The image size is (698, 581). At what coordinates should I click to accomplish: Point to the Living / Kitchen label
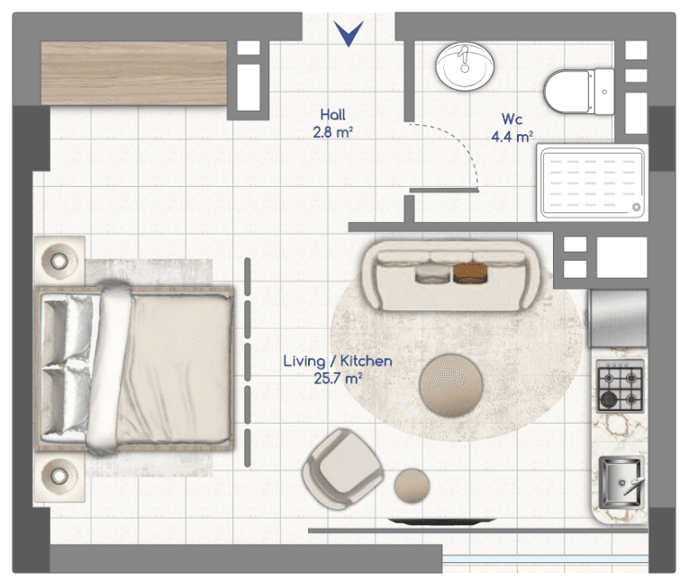click(x=338, y=361)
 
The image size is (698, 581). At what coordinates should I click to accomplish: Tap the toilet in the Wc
click(x=579, y=91)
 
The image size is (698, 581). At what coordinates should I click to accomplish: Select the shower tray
click(x=593, y=183)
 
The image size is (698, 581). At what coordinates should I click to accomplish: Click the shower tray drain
click(x=636, y=207)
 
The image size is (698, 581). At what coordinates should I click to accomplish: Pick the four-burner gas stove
click(x=621, y=386)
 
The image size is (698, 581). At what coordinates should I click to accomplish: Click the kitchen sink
click(x=621, y=482)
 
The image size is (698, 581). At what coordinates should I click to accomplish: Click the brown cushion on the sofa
click(x=470, y=273)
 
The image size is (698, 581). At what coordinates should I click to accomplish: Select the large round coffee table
click(x=451, y=386)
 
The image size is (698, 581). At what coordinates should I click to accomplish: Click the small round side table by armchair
click(x=412, y=486)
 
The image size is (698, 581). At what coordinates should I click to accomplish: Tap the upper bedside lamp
click(x=59, y=261)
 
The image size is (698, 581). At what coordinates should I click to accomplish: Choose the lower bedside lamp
click(x=59, y=476)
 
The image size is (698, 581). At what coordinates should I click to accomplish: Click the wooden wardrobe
click(x=134, y=74)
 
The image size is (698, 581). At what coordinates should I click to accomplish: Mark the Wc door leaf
click(x=444, y=191)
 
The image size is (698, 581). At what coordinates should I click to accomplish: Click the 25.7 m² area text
click(x=338, y=379)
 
